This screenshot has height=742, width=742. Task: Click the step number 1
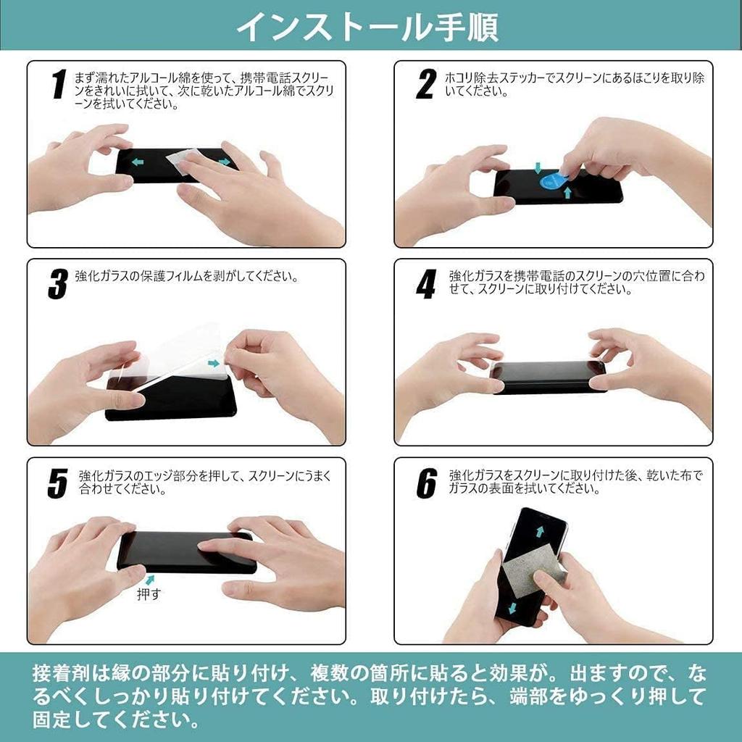point(59,86)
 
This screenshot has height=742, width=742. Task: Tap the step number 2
point(425,85)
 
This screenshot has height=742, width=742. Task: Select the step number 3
point(57,285)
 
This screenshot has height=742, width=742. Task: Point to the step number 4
point(425,285)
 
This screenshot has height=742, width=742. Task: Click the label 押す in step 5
point(150,594)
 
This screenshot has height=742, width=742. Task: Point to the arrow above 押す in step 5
point(151,579)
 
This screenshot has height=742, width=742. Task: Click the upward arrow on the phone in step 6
point(541,532)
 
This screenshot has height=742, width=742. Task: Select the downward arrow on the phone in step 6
point(512,607)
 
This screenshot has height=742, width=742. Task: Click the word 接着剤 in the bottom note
point(59,674)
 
